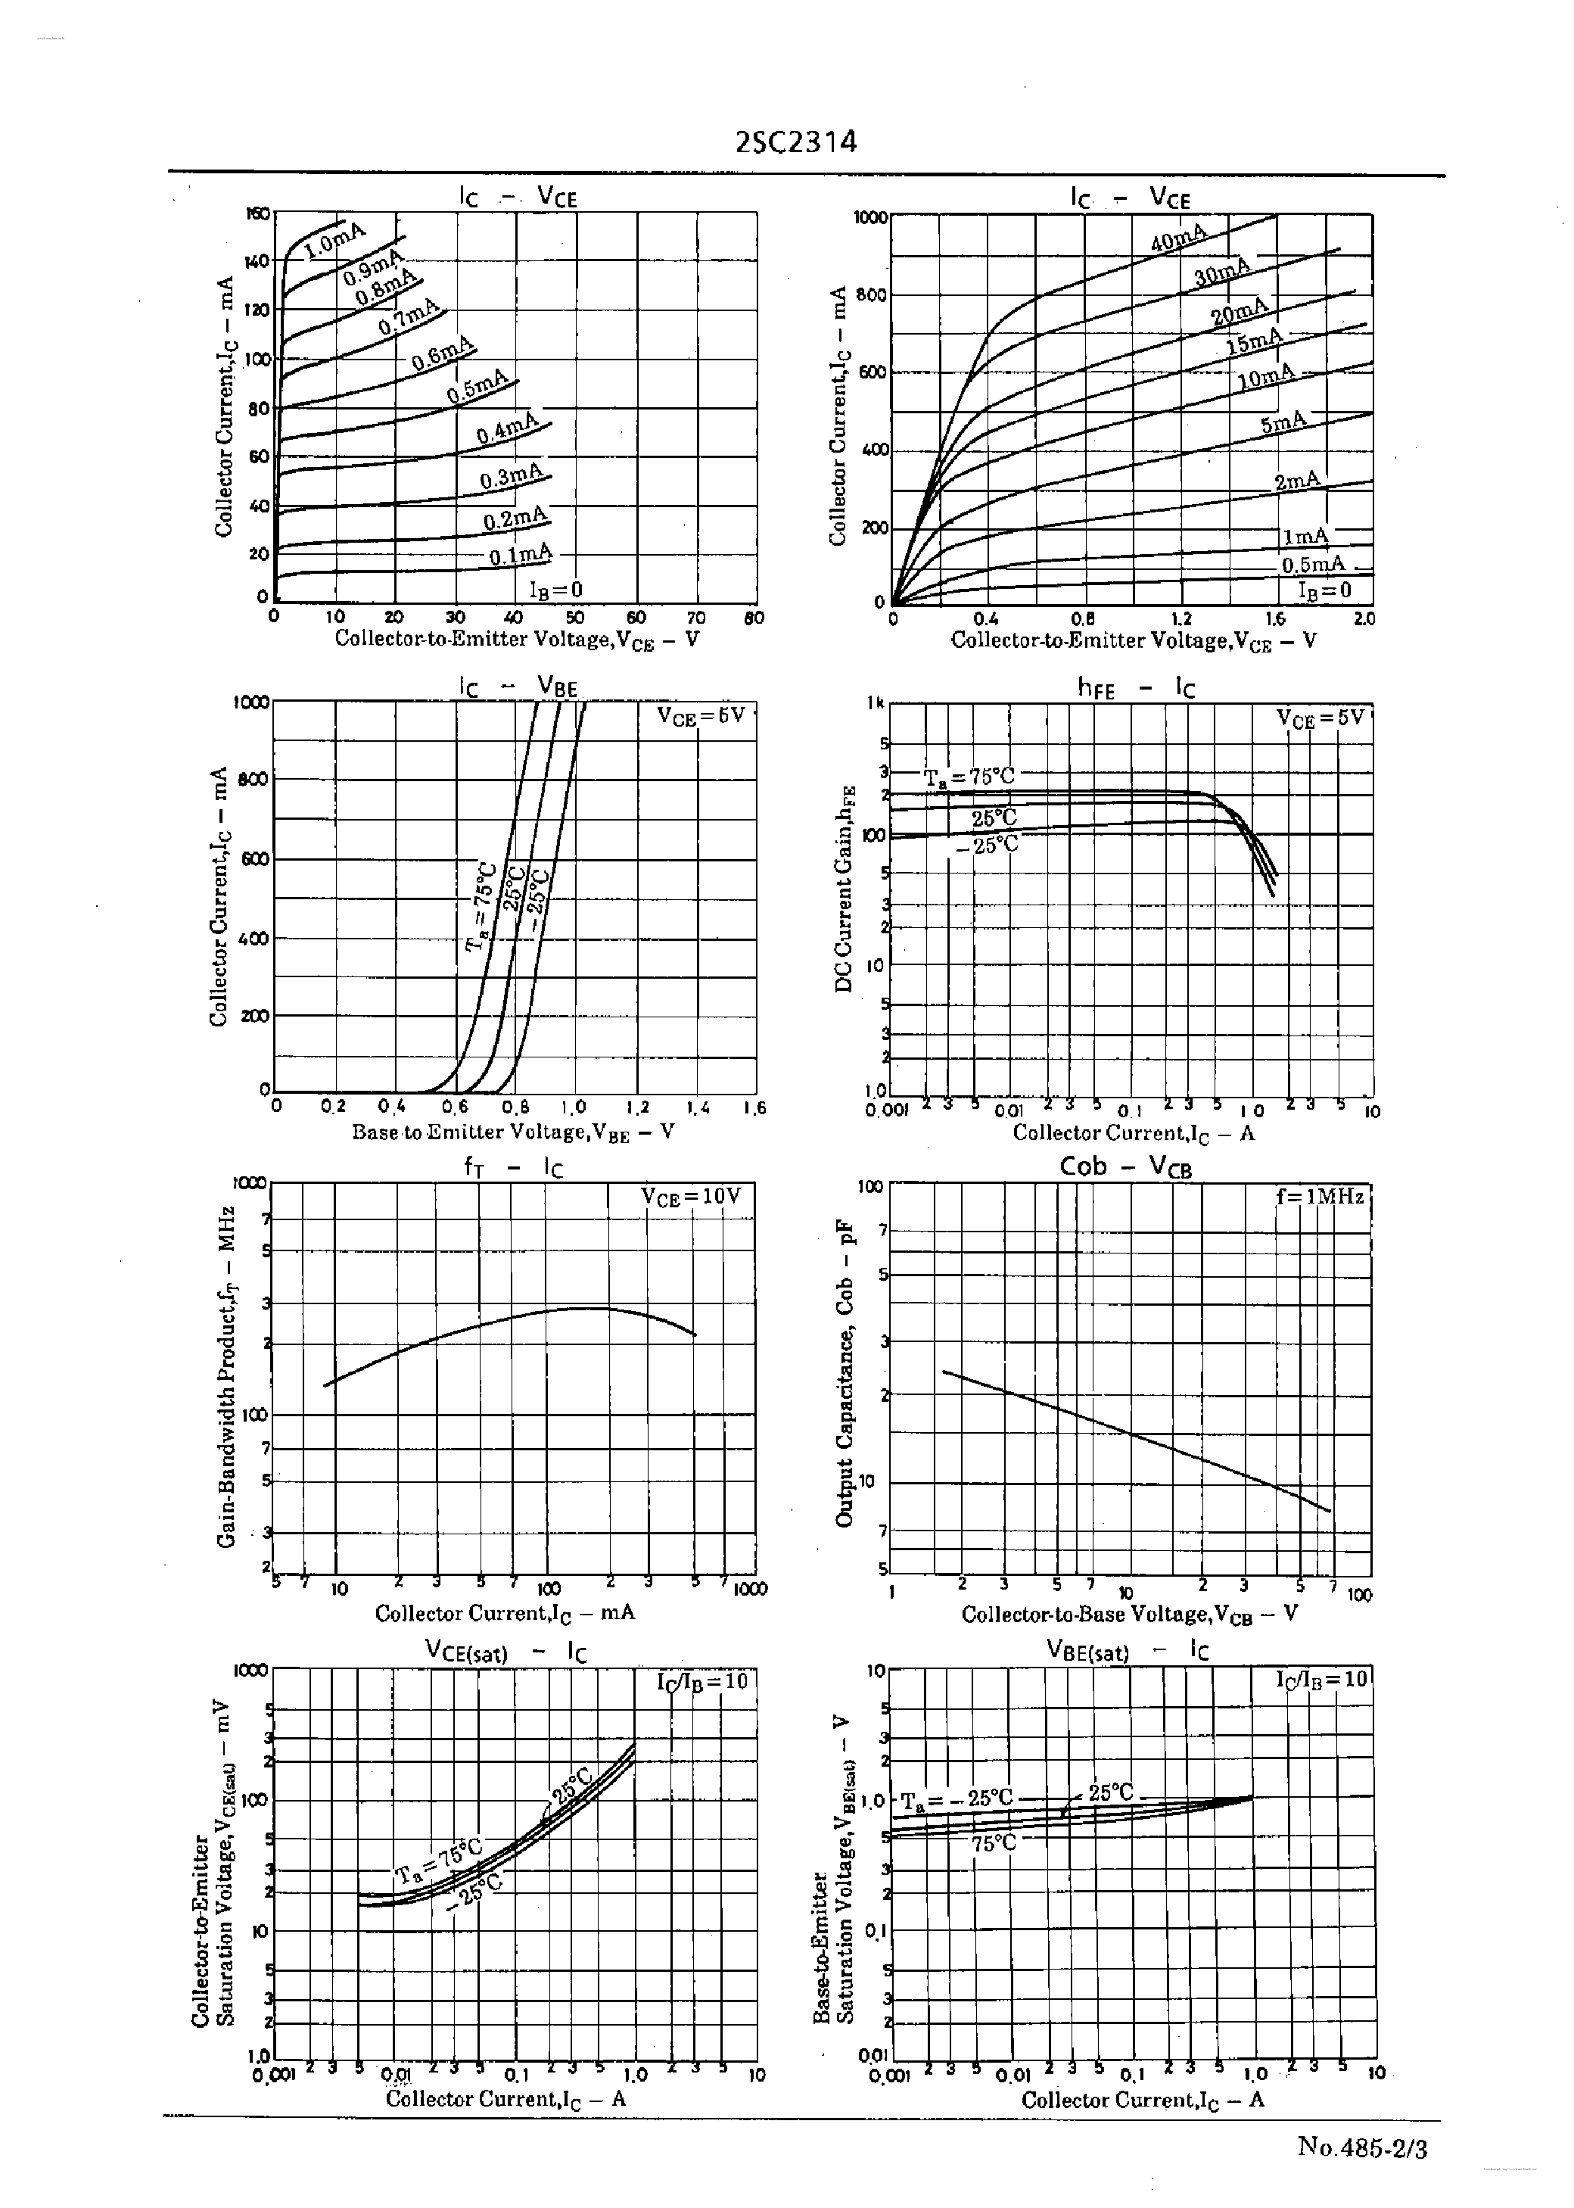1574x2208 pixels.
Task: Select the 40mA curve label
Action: [1178, 238]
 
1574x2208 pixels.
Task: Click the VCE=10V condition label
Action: [690, 1197]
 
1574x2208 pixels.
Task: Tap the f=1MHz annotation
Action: [1319, 1197]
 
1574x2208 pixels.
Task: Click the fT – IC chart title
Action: [513, 1168]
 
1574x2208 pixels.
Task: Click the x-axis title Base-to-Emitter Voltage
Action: [513, 1132]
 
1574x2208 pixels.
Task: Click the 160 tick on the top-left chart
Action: [258, 214]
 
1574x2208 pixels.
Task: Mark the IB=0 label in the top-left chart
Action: [555, 590]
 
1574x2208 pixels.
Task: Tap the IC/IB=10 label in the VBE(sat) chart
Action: [1320, 1680]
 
